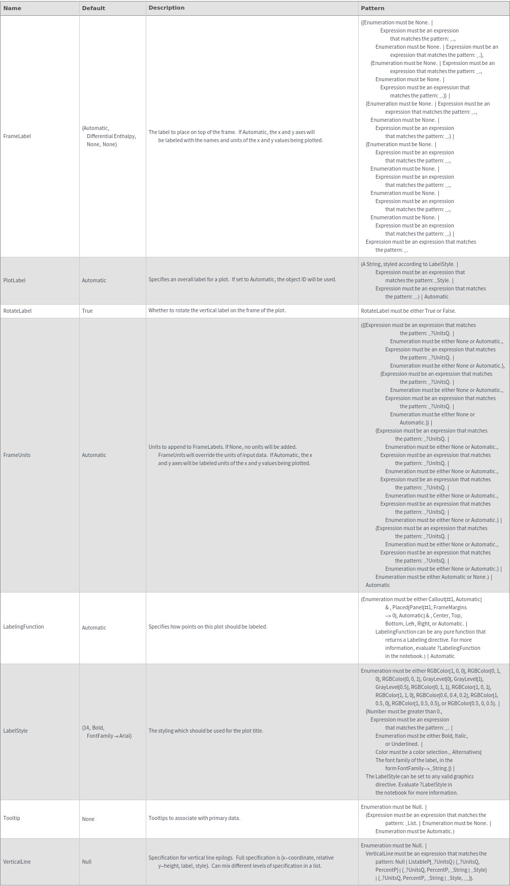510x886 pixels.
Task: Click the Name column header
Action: [12, 8]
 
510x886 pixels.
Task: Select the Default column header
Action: [93, 8]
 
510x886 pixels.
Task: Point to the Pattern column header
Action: [372, 8]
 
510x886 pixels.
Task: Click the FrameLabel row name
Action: [17, 136]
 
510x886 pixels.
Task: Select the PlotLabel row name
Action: [14, 280]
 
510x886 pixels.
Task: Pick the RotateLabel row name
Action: [17, 311]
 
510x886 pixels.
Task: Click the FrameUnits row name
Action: [17, 455]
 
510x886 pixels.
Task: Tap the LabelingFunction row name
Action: [23, 627]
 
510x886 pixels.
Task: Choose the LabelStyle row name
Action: [15, 731]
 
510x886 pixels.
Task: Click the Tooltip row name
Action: [12, 818]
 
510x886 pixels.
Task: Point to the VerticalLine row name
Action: [17, 862]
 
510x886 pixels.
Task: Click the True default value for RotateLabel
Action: [87, 311]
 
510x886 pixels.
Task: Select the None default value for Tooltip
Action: [88, 819]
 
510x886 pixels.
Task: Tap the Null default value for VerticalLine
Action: [87, 862]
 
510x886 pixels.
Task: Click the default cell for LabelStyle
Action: [107, 732]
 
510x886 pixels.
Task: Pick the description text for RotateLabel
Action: [217, 310]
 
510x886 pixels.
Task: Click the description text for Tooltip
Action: [194, 818]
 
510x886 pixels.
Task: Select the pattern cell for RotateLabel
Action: [408, 311]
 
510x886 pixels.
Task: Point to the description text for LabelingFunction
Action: [207, 627]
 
